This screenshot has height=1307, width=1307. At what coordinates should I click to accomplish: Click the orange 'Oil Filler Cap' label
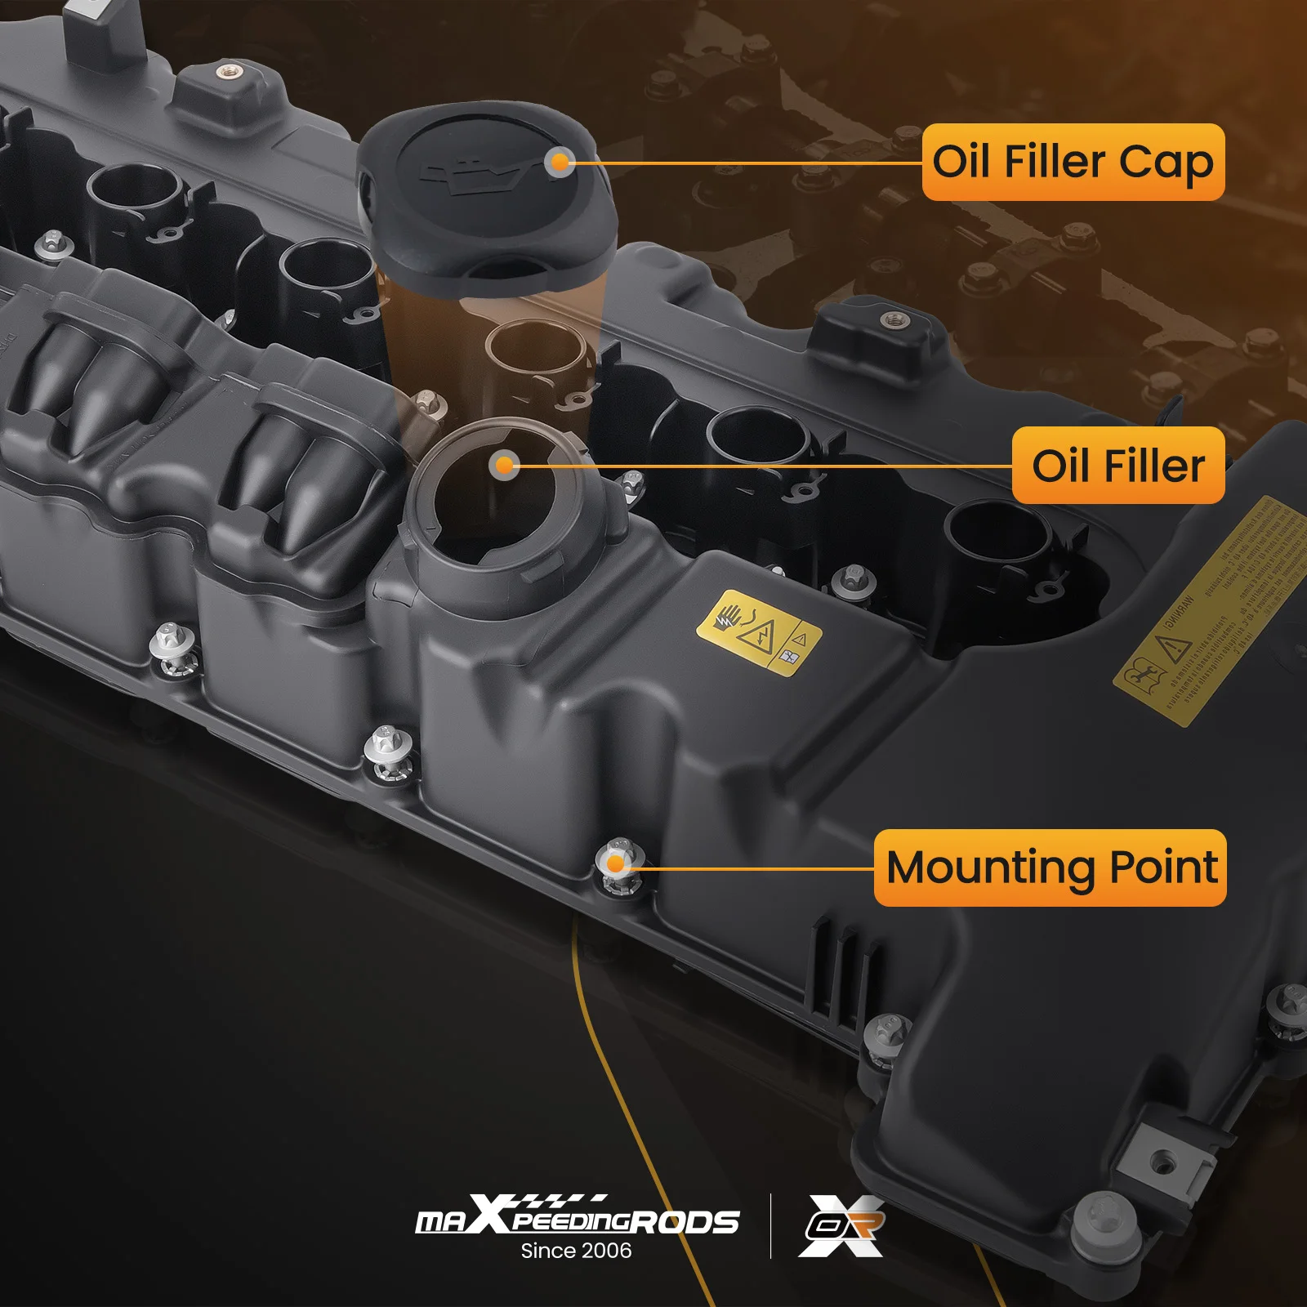click(1073, 162)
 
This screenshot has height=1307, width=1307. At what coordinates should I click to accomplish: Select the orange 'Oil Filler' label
click(1117, 465)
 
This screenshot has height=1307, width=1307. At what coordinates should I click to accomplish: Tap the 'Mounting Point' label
click(1051, 868)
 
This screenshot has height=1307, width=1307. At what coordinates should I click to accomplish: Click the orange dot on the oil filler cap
click(560, 163)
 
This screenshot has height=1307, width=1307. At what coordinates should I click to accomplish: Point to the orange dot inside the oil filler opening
click(505, 465)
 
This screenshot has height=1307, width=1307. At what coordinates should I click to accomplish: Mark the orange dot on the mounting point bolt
click(617, 863)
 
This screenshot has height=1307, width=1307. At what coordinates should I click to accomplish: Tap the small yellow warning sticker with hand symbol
click(759, 632)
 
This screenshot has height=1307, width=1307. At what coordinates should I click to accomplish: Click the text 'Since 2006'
click(576, 1251)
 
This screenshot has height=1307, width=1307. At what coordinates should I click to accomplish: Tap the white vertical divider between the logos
click(770, 1225)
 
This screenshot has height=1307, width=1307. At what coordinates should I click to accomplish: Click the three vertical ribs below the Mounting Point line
click(841, 968)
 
